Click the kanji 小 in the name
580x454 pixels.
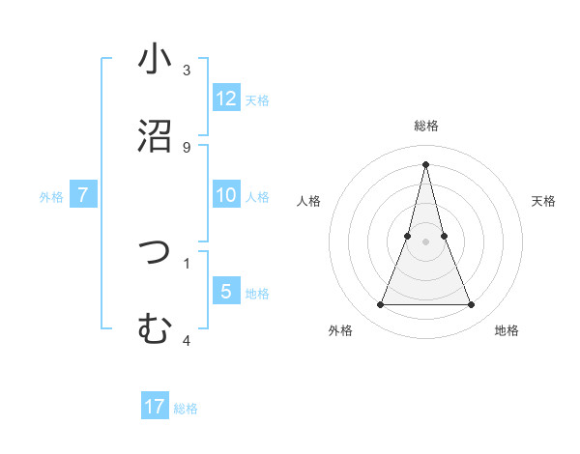point(155,59)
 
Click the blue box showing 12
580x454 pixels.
point(226,99)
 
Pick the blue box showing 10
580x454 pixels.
point(226,195)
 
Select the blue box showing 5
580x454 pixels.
point(226,292)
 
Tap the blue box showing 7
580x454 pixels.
point(83,195)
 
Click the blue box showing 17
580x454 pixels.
point(155,407)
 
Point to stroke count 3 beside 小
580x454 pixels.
point(187,71)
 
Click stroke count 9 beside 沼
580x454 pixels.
point(187,147)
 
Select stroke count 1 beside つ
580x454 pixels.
point(187,263)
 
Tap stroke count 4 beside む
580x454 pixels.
point(187,340)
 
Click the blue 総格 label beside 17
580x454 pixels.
point(186,409)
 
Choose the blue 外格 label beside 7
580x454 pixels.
point(51,197)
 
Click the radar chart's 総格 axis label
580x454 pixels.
point(426,126)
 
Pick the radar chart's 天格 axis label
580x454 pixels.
point(544,201)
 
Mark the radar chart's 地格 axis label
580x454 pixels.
point(507,330)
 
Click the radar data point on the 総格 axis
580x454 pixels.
point(426,163)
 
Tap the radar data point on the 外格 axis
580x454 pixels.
point(380,305)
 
